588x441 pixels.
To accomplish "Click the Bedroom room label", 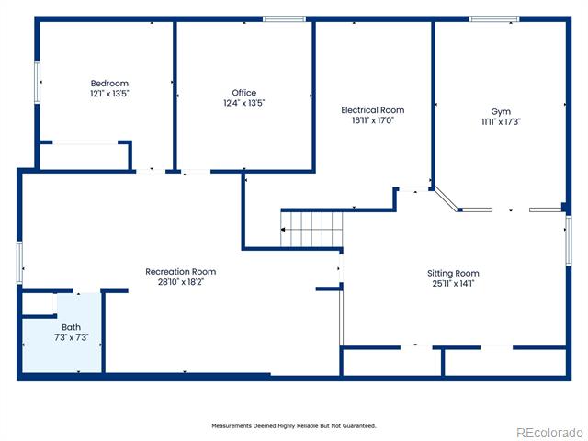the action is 109,84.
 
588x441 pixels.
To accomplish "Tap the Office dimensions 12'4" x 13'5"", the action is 244,103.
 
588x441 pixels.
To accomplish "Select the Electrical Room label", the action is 373,110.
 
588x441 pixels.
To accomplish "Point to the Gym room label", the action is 501,112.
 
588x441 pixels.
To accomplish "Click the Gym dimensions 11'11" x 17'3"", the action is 501,121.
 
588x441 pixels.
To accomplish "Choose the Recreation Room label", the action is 181,272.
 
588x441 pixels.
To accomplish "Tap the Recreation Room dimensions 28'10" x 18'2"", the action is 181,282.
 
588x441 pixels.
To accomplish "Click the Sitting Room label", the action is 453,273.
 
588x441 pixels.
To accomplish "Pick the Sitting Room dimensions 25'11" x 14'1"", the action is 453,283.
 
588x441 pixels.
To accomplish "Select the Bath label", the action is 72,327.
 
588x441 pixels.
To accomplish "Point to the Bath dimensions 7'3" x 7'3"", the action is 72,337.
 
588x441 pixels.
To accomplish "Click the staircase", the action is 311,229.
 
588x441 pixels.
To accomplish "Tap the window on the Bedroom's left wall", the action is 37,82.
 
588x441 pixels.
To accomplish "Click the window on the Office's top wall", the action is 284,18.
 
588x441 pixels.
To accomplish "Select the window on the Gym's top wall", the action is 494,18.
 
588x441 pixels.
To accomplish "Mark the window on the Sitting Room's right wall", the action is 569,241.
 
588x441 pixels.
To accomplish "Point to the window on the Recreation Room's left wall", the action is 19,263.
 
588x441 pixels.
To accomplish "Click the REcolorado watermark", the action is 550,433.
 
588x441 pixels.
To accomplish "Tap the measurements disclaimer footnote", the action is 294,426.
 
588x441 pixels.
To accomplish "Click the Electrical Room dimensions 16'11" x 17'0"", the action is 373,120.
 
